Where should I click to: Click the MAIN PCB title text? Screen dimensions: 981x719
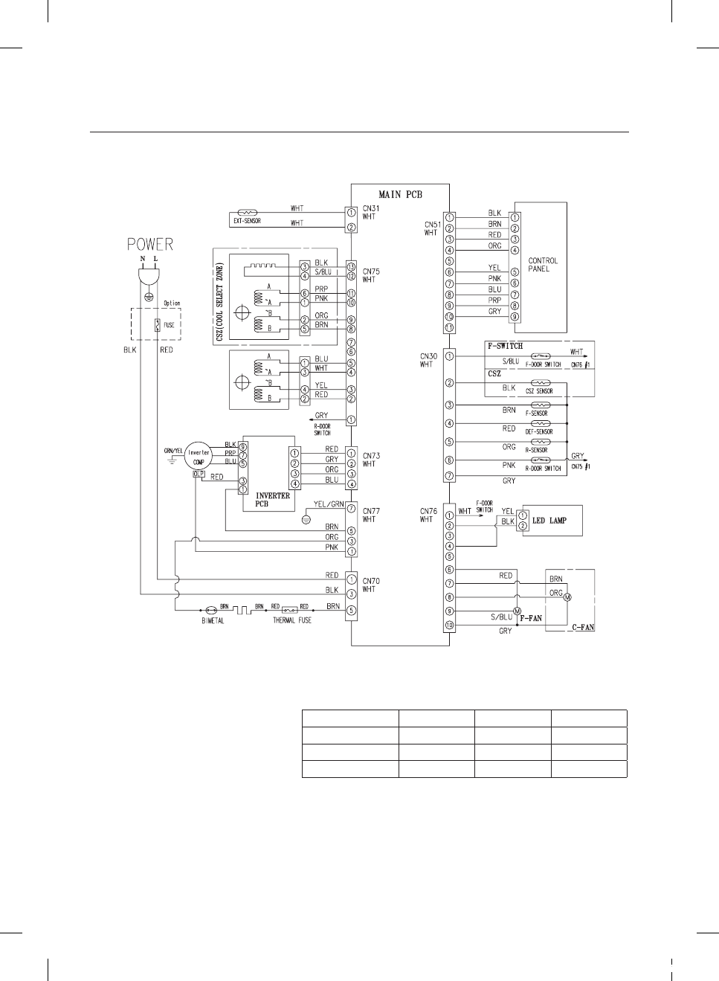click(x=400, y=195)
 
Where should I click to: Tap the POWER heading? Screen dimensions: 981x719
click(x=149, y=244)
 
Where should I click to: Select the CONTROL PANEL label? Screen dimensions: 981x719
click(x=543, y=265)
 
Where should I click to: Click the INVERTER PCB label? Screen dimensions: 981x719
click(x=273, y=500)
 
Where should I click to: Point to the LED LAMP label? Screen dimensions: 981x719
click(x=549, y=521)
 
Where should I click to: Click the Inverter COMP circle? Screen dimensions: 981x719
click(x=199, y=456)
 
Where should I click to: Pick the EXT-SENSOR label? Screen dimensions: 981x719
click(x=247, y=221)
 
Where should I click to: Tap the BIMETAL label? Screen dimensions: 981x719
click(x=213, y=621)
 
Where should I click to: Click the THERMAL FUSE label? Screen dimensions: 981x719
click(x=292, y=620)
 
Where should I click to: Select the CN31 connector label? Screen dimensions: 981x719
click(x=370, y=212)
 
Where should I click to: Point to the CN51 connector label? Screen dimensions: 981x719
click(x=432, y=228)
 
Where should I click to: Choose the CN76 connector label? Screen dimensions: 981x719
click(x=428, y=515)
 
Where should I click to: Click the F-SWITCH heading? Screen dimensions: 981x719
click(x=505, y=346)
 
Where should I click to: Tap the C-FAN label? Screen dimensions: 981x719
click(x=583, y=628)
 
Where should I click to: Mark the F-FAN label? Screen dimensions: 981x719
click(x=531, y=618)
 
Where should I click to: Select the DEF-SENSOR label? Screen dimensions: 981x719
click(x=538, y=431)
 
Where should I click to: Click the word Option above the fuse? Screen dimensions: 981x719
click(x=172, y=303)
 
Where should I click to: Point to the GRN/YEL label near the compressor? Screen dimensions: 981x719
click(x=173, y=451)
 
